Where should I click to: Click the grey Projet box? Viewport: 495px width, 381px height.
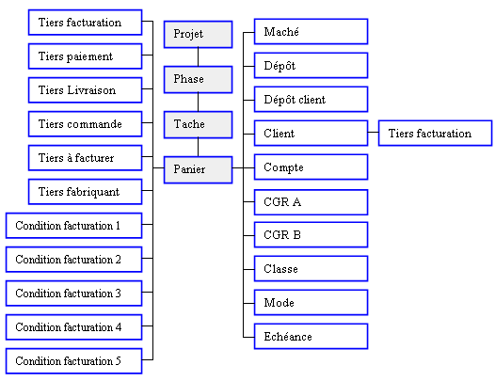pyautogui.click(x=198, y=35)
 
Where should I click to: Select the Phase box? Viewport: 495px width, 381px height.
pyautogui.click(x=198, y=80)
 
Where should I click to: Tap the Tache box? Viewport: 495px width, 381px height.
pyautogui.click(x=198, y=125)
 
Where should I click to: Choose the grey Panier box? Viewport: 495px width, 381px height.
pyautogui.click(x=198, y=170)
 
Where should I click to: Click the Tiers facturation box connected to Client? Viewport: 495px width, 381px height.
pyautogui.click(x=435, y=133)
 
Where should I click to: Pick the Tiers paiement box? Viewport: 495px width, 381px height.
pyautogui.click(x=85, y=56)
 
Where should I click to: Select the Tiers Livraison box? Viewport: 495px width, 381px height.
pyautogui.click(x=85, y=90)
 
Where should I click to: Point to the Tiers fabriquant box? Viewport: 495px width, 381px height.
pyautogui.click(x=85, y=192)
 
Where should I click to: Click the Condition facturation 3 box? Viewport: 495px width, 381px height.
pyautogui.click(x=73, y=294)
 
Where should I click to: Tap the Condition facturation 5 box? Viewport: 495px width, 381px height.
pyautogui.click(x=73, y=361)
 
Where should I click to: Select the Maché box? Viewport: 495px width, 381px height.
pyautogui.click(x=311, y=32)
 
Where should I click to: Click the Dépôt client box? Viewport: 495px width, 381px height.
pyautogui.click(x=311, y=99)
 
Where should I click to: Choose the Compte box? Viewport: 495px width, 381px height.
pyautogui.click(x=311, y=167)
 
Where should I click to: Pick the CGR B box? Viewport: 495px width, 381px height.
pyautogui.click(x=311, y=235)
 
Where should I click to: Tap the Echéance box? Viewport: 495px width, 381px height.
pyautogui.click(x=311, y=337)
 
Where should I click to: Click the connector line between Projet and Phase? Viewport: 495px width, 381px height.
pyautogui.click(x=198, y=57)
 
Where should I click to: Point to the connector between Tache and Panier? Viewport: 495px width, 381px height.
pyautogui.click(x=198, y=148)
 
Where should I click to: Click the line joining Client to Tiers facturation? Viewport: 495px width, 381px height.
pyautogui.click(x=374, y=132)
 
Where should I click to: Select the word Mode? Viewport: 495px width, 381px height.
pyautogui.click(x=279, y=303)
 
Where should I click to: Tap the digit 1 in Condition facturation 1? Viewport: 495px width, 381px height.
pyautogui.click(x=118, y=226)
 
